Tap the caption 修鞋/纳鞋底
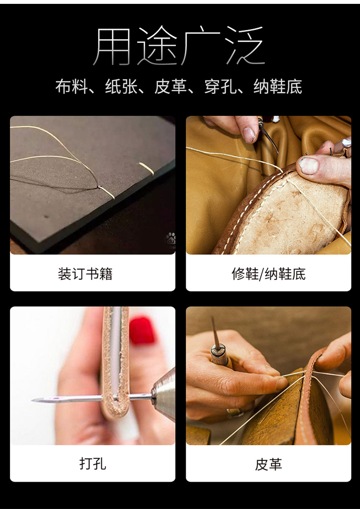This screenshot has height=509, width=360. (x=268, y=274)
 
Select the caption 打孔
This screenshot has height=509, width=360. (x=92, y=464)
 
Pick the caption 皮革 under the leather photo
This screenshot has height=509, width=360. (x=268, y=464)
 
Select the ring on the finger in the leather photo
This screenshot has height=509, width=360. (x=234, y=412)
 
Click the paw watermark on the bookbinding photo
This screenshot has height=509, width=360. (x=170, y=239)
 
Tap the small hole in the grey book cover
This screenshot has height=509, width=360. (x=47, y=217)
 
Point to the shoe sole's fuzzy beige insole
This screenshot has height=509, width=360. (x=288, y=216)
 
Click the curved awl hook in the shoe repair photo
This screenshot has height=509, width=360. (x=269, y=139)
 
